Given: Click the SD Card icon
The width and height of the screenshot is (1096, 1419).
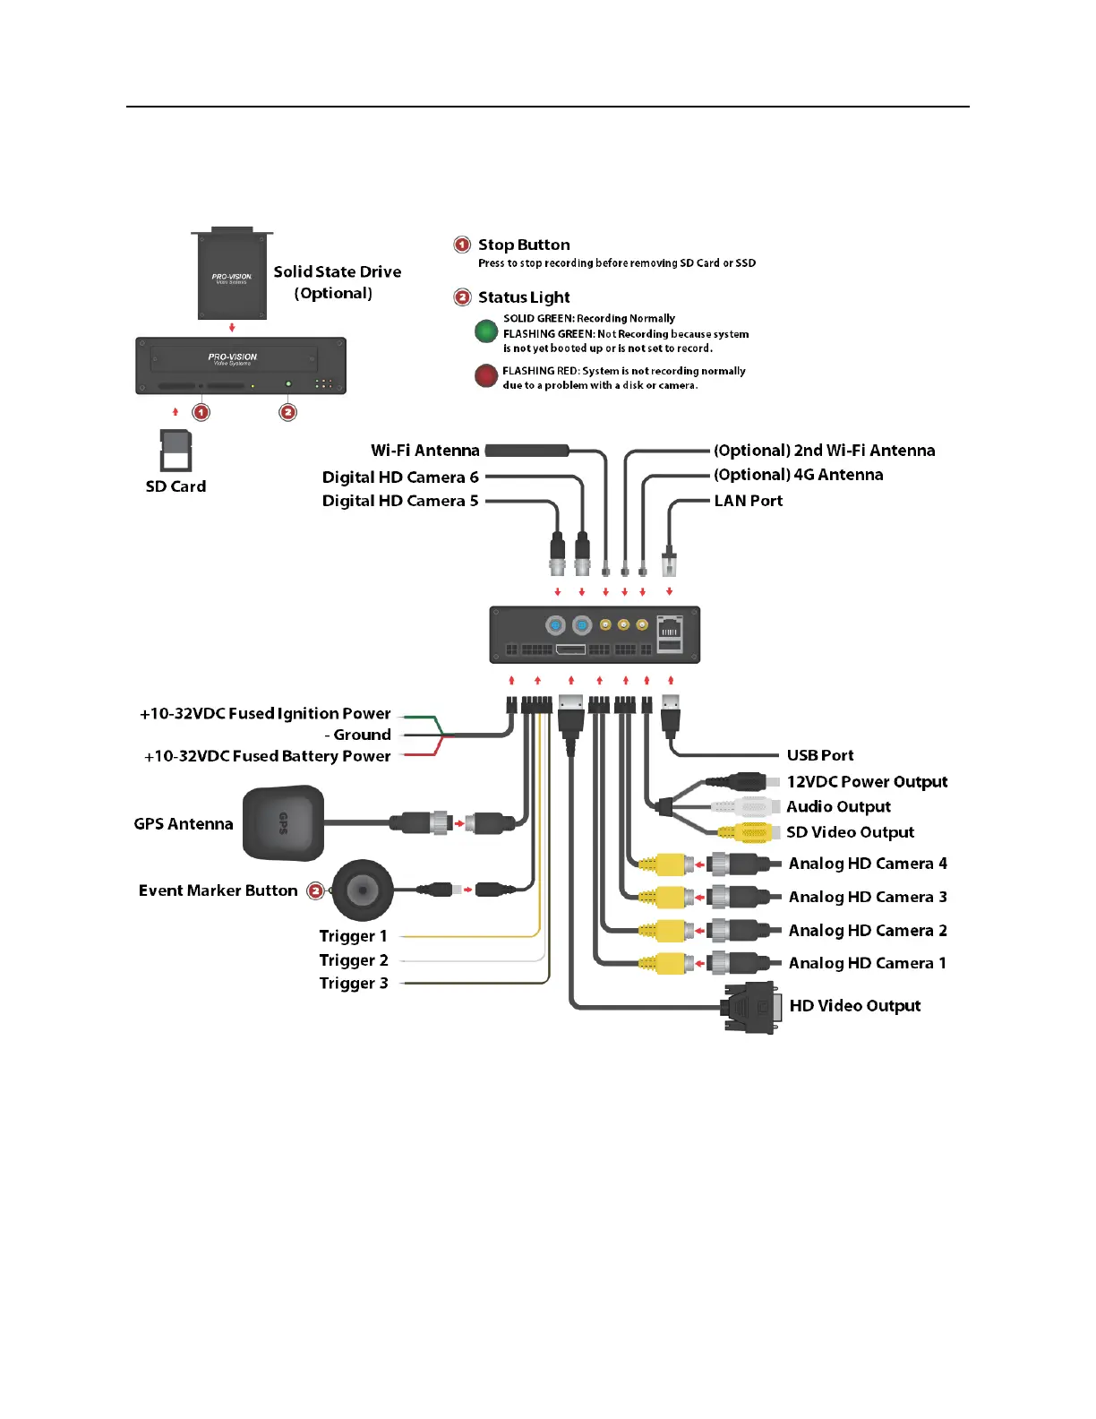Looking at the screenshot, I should [x=176, y=450].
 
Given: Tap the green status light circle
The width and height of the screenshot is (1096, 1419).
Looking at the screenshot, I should [x=486, y=331].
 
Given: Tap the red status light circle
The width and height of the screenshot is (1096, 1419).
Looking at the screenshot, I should [x=486, y=375].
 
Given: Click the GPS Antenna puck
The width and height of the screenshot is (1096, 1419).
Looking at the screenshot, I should [x=283, y=822].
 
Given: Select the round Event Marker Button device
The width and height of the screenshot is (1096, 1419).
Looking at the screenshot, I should [x=363, y=890].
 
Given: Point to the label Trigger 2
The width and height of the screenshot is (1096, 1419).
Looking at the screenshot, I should [x=354, y=960].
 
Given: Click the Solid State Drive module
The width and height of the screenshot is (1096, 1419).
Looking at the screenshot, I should [x=232, y=274].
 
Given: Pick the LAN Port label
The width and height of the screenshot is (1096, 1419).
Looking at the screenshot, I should [x=748, y=501].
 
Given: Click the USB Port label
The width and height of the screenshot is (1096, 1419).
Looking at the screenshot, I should [x=819, y=755].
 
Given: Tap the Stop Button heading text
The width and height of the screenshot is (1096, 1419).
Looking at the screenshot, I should [x=524, y=245].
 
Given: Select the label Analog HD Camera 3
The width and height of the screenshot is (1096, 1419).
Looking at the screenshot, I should [x=867, y=897].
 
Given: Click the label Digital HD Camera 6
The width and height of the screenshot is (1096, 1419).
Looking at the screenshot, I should [x=400, y=477].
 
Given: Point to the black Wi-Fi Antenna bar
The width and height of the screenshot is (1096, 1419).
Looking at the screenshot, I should [x=527, y=451].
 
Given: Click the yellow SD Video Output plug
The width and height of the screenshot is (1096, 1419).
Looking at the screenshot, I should [x=753, y=832].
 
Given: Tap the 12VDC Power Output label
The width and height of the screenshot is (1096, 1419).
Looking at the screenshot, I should [x=867, y=782].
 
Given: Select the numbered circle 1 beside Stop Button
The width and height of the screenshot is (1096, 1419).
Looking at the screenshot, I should [x=462, y=245].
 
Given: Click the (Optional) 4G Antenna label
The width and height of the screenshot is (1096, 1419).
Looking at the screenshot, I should [x=798, y=475].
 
